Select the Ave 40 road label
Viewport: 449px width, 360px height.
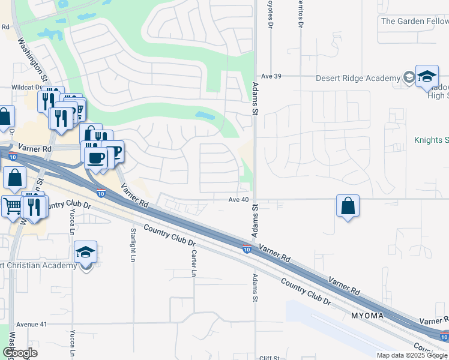click(238, 199)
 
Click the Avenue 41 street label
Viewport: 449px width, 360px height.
click(31, 324)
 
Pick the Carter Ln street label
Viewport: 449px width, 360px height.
click(194, 264)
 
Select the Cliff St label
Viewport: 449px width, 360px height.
click(270, 358)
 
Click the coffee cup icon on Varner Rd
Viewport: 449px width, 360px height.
click(96, 158)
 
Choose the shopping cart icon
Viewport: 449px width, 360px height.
click(12, 206)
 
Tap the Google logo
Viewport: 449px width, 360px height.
click(20, 353)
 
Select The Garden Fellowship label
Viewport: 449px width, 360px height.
click(414, 21)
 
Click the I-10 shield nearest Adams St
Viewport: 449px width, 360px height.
click(247, 249)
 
